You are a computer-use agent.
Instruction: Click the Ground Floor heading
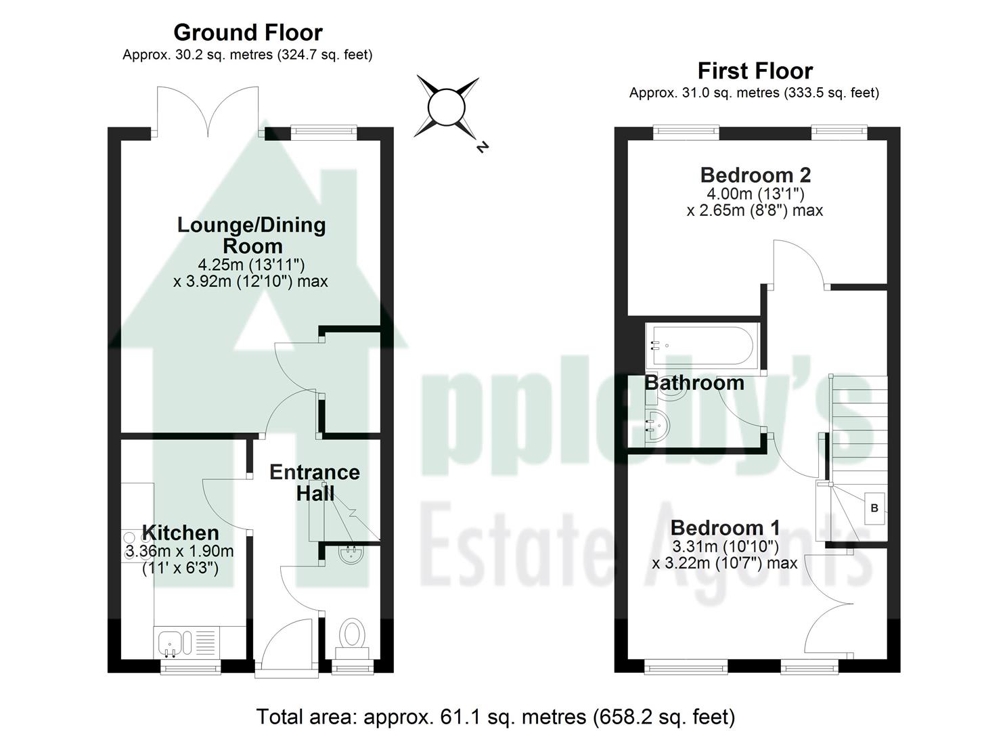click(x=248, y=32)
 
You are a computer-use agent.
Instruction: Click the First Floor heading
click(x=755, y=70)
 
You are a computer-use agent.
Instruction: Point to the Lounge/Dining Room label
click(x=251, y=235)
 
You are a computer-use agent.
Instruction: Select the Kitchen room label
click(x=180, y=533)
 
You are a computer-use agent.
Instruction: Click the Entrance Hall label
click(x=314, y=482)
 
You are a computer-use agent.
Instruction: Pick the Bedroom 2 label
click(x=755, y=175)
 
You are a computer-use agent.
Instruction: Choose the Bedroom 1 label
click(x=725, y=527)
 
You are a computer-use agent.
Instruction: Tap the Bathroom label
click(x=694, y=383)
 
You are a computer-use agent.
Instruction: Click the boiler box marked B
click(x=874, y=508)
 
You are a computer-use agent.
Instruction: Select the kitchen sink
click(x=169, y=642)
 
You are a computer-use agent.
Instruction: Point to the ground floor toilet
click(x=352, y=636)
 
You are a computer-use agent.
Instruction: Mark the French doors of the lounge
click(x=208, y=112)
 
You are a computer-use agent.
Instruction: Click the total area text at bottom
click(x=495, y=716)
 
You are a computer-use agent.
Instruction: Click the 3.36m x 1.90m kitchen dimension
click(x=179, y=552)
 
